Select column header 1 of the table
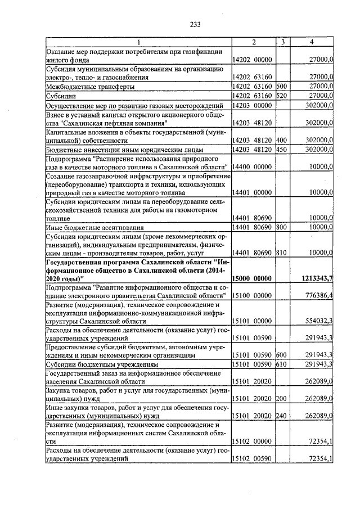[x=138, y=42]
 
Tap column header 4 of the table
[x=312, y=42]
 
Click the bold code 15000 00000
[x=253, y=278]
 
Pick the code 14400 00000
[x=253, y=167]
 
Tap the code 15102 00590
[x=253, y=459]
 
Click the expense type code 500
[x=282, y=87]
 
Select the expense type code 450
[x=282, y=150]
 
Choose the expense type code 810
[x=282, y=253]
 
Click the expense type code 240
[x=282, y=416]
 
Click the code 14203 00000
[x=253, y=105]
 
